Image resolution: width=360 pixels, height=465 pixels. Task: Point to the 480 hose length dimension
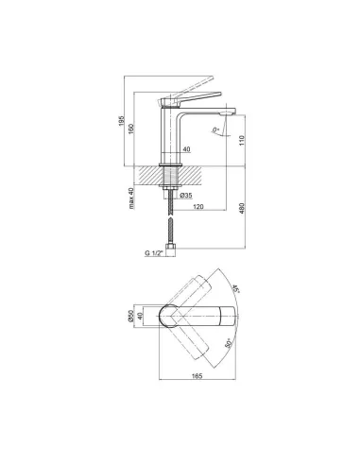click(242, 210)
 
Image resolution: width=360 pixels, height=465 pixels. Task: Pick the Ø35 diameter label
click(185, 196)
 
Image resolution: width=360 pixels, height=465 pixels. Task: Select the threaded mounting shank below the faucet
click(173, 179)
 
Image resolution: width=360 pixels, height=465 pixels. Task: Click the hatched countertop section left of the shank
click(149, 173)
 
